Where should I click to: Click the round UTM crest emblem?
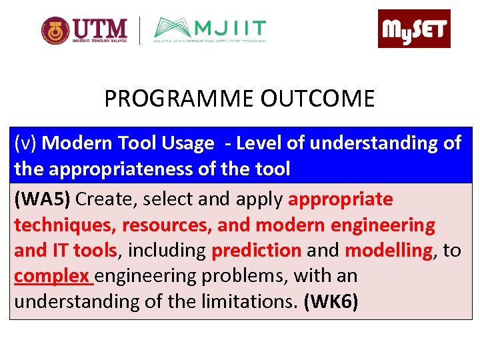click(55, 30)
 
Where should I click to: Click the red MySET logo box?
click(414, 29)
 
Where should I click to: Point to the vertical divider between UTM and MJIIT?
click(139, 30)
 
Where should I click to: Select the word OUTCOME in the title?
click(317, 99)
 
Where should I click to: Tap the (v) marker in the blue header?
click(26, 143)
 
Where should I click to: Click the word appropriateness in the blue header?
click(119, 169)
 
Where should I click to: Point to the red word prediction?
click(256, 251)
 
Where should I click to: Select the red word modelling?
click(388, 251)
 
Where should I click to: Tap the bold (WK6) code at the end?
click(331, 302)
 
